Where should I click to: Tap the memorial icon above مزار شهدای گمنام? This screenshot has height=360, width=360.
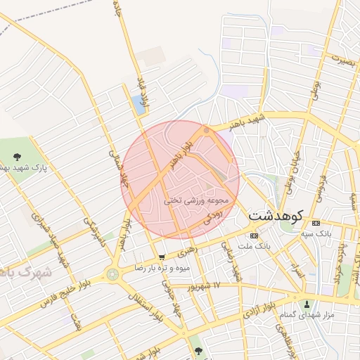pos(307,305)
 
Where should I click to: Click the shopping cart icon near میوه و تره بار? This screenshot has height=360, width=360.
pos(162,257)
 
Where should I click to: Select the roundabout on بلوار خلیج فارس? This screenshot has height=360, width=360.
pos(112,274)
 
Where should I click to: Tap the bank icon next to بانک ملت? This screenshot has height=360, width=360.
pos(254,236)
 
